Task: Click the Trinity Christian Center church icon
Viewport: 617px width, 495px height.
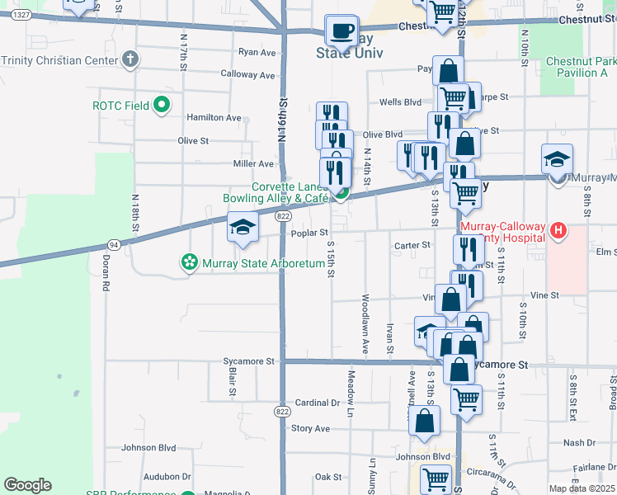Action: click(130, 59)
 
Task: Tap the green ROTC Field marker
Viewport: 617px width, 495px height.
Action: click(162, 105)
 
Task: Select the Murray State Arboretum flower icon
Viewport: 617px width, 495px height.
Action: click(189, 263)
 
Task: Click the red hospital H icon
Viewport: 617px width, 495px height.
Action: click(558, 231)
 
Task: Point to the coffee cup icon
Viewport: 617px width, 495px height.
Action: click(341, 31)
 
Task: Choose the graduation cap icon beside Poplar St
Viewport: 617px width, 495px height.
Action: click(243, 229)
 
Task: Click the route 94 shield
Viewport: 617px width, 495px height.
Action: click(112, 245)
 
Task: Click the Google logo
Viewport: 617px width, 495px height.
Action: click(27, 485)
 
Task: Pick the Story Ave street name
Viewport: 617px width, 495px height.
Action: click(310, 428)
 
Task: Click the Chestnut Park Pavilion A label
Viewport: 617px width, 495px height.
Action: click(581, 68)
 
